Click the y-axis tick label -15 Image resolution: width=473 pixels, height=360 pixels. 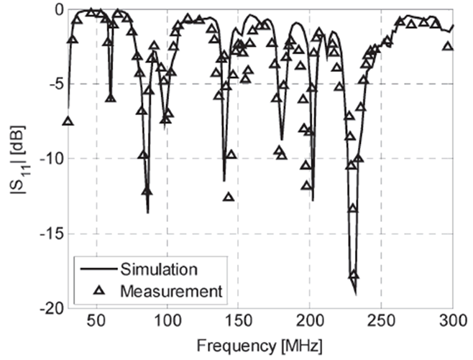click(50, 234)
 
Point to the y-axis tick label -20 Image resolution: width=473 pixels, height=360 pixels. click(50, 308)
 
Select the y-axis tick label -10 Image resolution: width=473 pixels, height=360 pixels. click(50, 159)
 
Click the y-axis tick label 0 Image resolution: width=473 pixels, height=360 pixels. click(58, 9)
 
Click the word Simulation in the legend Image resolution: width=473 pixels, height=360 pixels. click(159, 270)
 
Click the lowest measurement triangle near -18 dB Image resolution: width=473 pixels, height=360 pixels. click(354, 276)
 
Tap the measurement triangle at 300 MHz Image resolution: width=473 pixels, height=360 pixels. click(449, 46)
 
